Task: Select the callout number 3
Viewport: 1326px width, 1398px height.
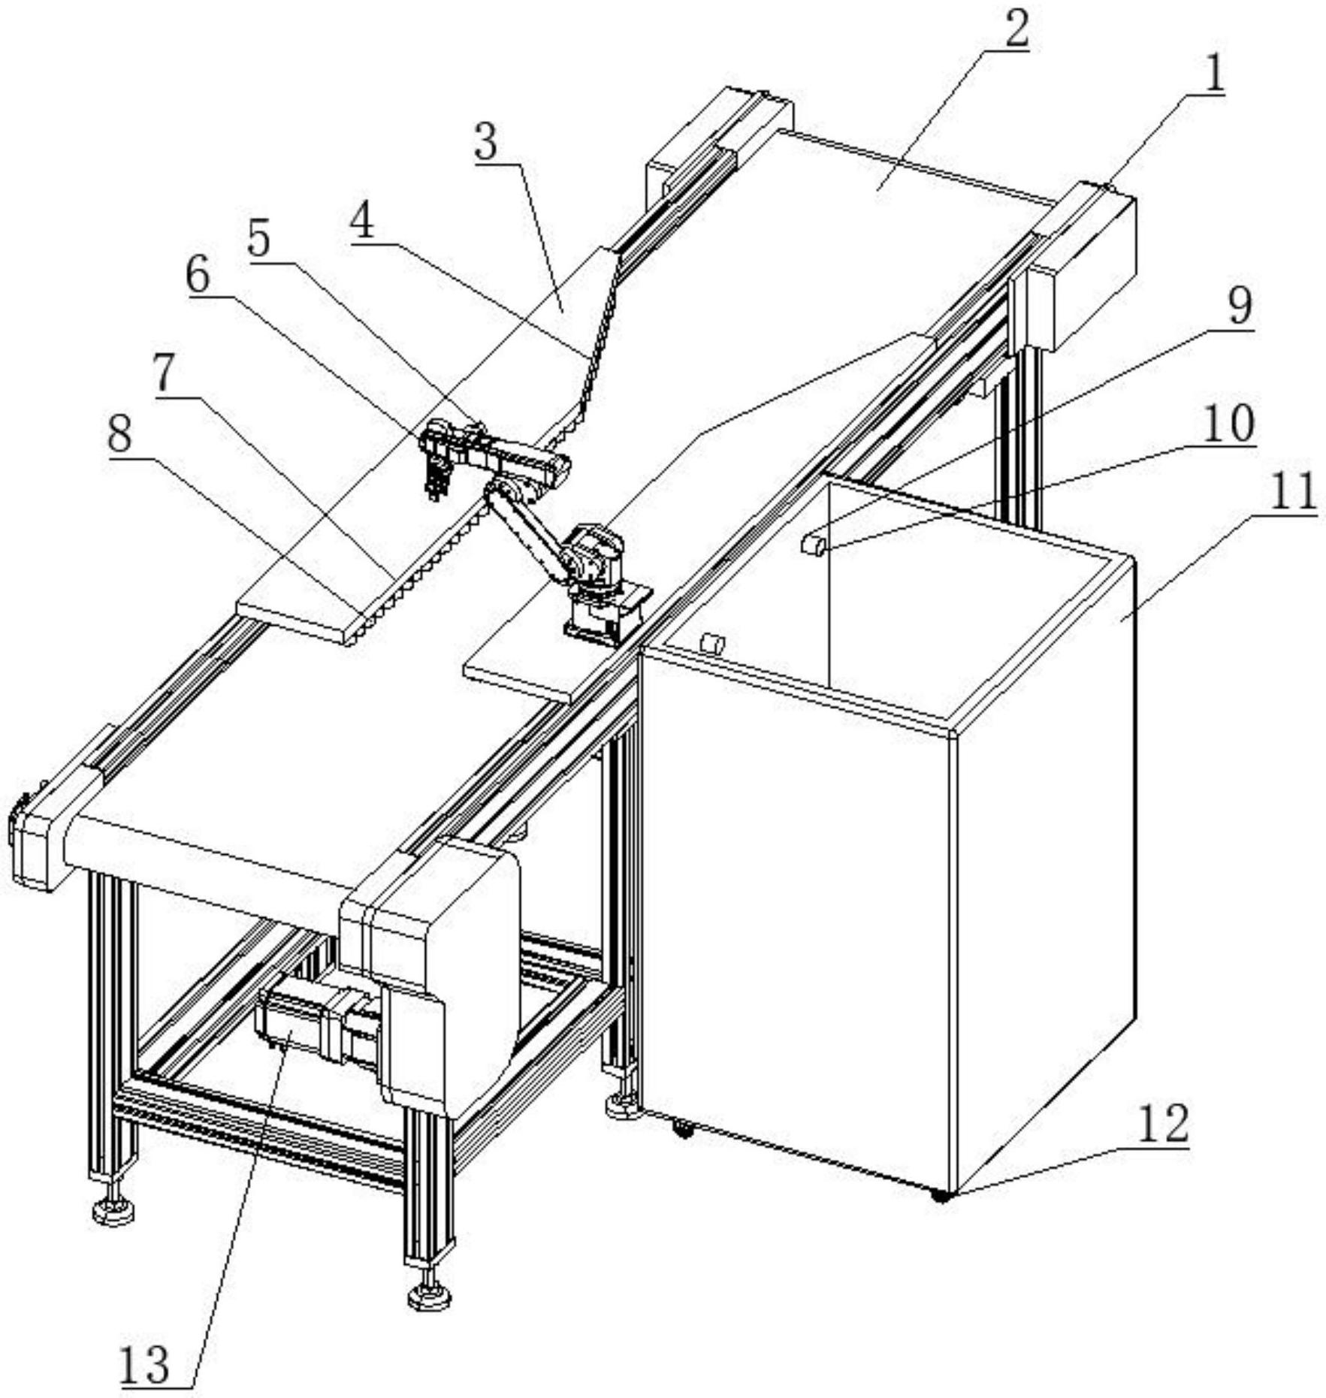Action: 487,141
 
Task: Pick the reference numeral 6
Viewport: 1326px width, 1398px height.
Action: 198,276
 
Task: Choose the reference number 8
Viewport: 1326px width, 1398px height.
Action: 119,433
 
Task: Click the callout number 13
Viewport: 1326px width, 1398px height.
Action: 145,1363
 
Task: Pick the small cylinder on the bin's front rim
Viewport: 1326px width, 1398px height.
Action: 711,643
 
